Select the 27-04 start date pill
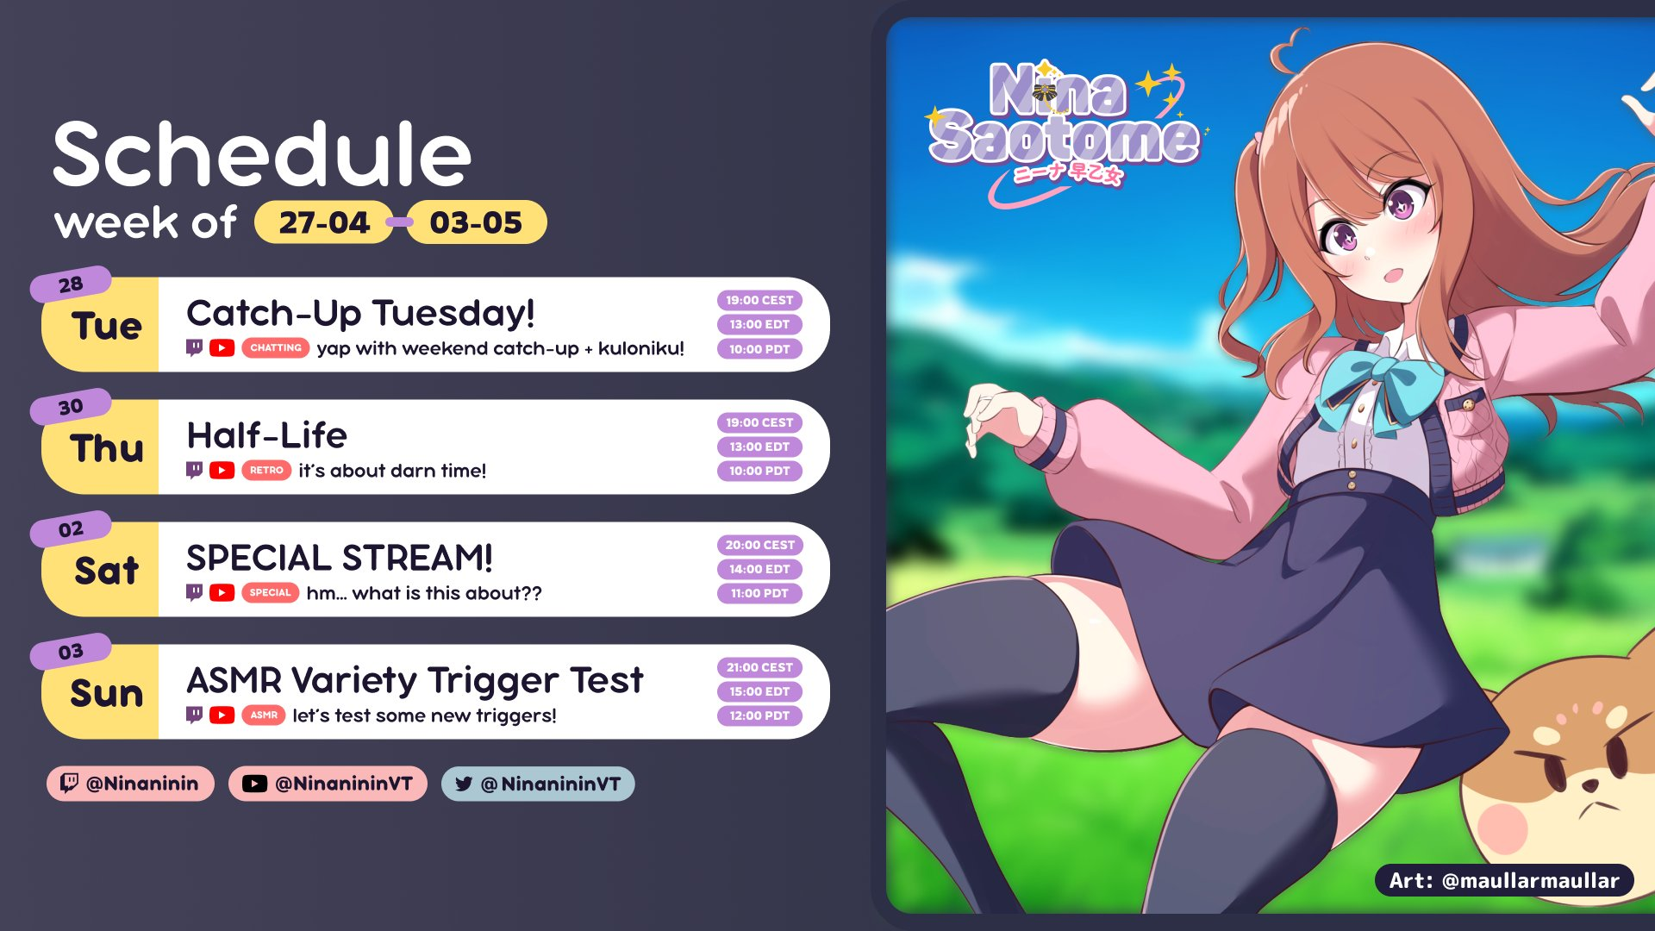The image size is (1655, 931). (x=324, y=222)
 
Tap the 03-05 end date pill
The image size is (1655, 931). (x=476, y=222)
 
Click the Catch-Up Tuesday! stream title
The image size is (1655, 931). (x=360, y=313)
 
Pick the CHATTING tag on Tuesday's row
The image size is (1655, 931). (x=276, y=348)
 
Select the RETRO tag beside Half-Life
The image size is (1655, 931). (x=266, y=471)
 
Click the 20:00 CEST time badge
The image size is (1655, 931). (x=759, y=545)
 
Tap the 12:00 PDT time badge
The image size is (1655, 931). (x=759, y=715)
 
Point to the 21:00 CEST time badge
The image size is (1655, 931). (x=759, y=667)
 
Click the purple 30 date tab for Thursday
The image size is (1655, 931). (x=71, y=407)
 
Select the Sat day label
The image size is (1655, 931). (x=106, y=571)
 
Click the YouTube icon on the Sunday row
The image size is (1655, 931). (x=222, y=715)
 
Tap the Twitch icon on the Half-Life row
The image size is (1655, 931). (x=195, y=471)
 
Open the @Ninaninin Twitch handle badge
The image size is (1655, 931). (x=130, y=784)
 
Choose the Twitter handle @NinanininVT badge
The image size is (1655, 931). (x=538, y=784)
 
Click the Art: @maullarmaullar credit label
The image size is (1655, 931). (x=1504, y=880)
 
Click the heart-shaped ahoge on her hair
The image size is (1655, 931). (x=1288, y=47)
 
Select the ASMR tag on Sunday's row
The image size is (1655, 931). (x=264, y=715)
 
